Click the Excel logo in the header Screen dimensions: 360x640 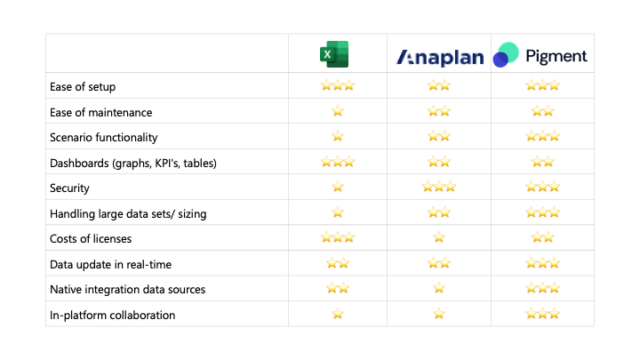point(337,56)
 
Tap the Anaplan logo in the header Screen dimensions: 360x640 point(439,56)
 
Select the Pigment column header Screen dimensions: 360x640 point(540,56)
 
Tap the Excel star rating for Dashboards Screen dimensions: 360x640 point(337,162)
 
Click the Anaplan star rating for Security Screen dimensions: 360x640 point(439,187)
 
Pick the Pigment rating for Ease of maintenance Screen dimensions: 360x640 point(540,111)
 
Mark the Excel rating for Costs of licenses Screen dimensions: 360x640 point(337,238)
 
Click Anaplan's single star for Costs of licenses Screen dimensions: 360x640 point(439,238)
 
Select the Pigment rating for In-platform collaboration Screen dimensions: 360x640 point(540,315)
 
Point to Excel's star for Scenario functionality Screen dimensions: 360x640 point(337,136)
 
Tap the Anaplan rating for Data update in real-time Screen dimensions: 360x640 point(439,264)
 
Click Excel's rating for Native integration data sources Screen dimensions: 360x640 point(337,289)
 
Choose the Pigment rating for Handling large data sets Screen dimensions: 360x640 point(540,212)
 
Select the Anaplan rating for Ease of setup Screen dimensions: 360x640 point(439,86)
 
